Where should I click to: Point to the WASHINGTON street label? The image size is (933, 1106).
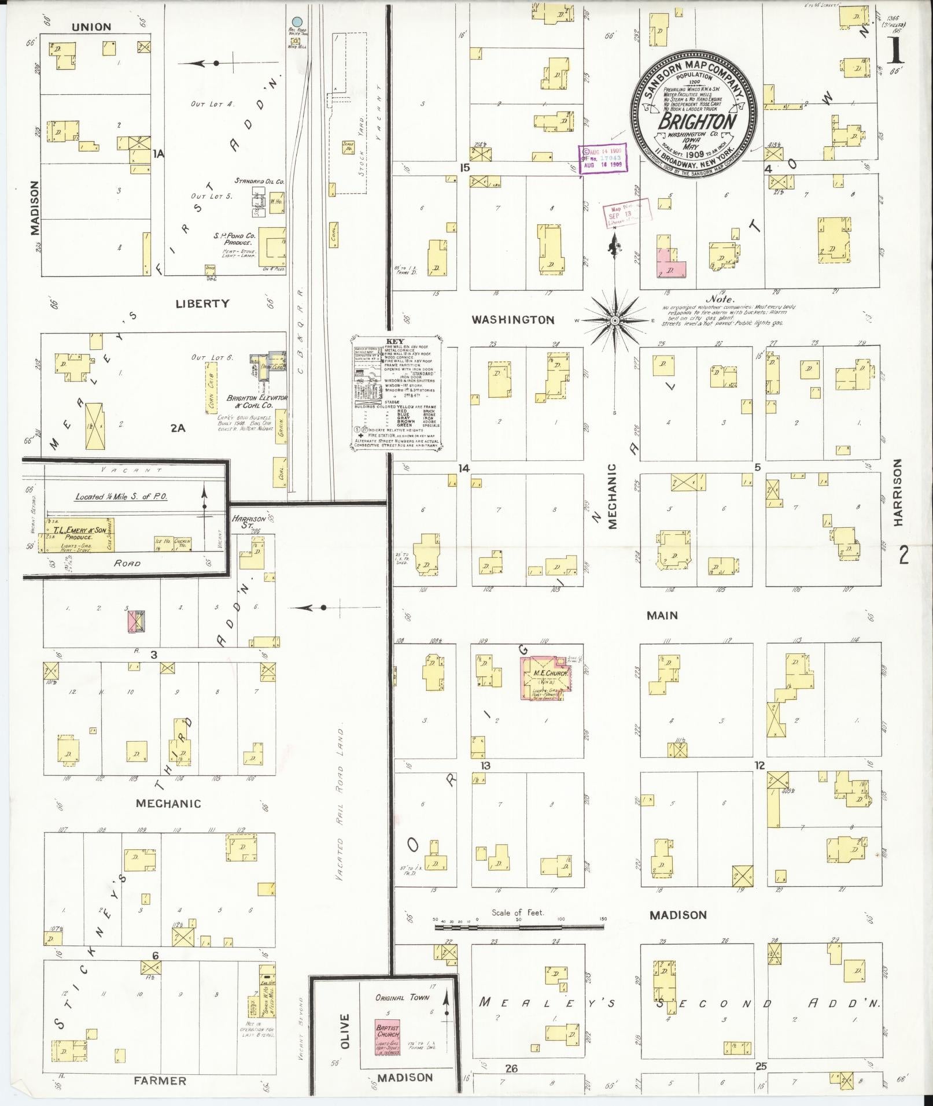click(x=512, y=320)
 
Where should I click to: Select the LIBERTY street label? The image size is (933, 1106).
click(x=202, y=304)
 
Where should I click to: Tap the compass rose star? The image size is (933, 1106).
click(x=615, y=320)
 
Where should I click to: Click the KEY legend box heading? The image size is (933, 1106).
click(x=397, y=341)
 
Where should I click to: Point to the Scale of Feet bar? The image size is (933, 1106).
click(x=519, y=926)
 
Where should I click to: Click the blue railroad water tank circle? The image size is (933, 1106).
click(x=297, y=22)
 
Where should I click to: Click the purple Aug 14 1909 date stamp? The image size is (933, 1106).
click(x=603, y=157)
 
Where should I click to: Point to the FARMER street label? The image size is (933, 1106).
click(x=161, y=1081)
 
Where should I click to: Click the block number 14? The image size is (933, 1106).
click(x=463, y=468)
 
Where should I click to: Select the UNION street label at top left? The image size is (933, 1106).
click(x=91, y=27)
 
